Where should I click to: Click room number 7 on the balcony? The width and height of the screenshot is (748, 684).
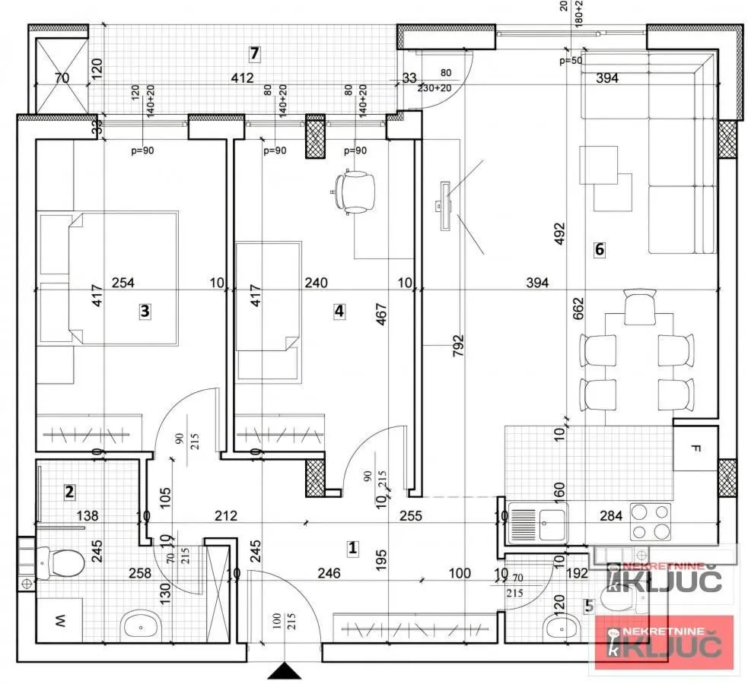coord(255,53)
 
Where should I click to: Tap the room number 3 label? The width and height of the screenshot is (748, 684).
coord(145,310)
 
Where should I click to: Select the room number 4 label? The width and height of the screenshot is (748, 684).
coord(339,310)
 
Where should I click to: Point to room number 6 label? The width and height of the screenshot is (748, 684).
coord(599,249)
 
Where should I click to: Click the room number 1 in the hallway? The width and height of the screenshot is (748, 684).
coord(352,546)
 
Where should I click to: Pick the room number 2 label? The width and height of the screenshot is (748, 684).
coord(69,492)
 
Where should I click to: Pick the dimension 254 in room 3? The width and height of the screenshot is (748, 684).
coord(123,283)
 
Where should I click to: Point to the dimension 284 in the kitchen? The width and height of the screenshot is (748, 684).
coord(610,516)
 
